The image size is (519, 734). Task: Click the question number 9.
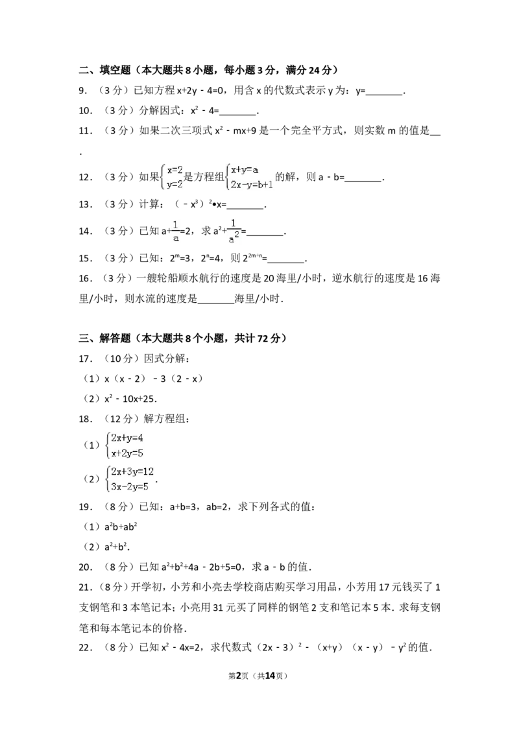[x=83, y=91]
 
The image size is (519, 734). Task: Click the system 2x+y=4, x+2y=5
[x=125, y=445]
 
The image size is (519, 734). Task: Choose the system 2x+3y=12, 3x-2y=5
[x=130, y=479]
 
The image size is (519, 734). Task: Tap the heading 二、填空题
[x=104, y=70]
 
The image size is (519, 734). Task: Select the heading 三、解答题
[x=104, y=338]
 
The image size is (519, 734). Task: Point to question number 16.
[x=84, y=279]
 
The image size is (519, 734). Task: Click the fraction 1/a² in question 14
[x=234, y=231]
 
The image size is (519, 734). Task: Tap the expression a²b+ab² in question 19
[x=121, y=527]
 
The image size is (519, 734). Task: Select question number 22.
[x=84, y=647]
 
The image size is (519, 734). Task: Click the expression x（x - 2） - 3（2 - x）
[x=153, y=379]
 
